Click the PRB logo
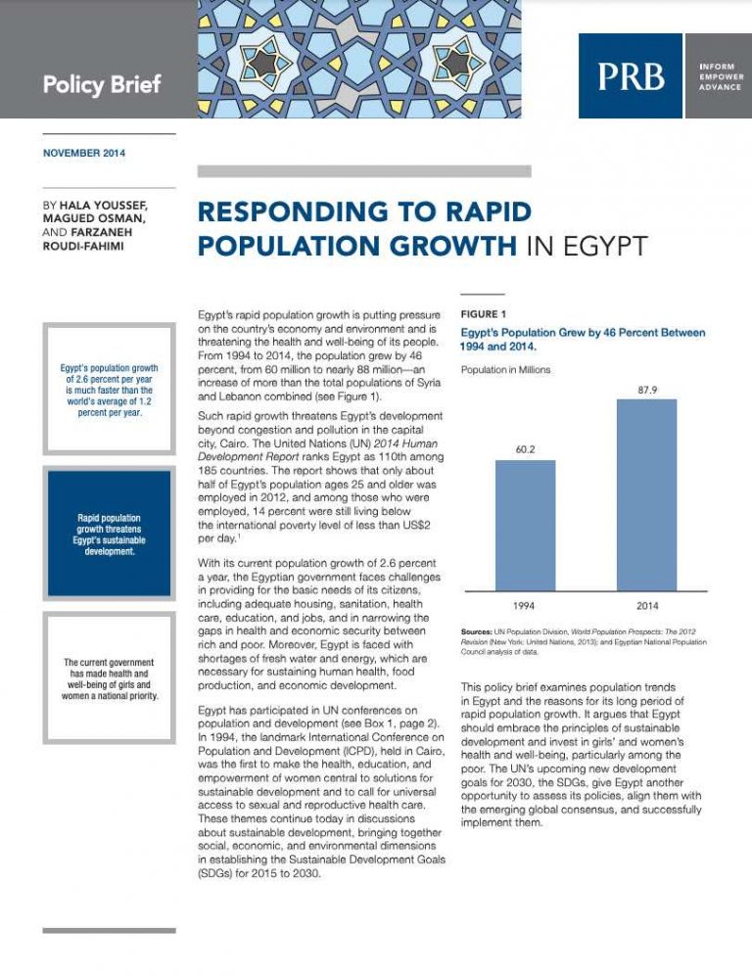point(630,75)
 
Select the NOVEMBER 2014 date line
point(84,154)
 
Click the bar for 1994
point(525,525)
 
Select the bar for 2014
point(646,494)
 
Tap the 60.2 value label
point(525,449)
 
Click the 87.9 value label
point(646,389)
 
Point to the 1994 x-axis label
point(525,607)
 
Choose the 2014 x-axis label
point(646,607)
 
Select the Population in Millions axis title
point(505,370)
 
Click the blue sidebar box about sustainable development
point(109,533)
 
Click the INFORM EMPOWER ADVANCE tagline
point(717,75)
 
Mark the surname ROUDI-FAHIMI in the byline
point(89,248)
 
